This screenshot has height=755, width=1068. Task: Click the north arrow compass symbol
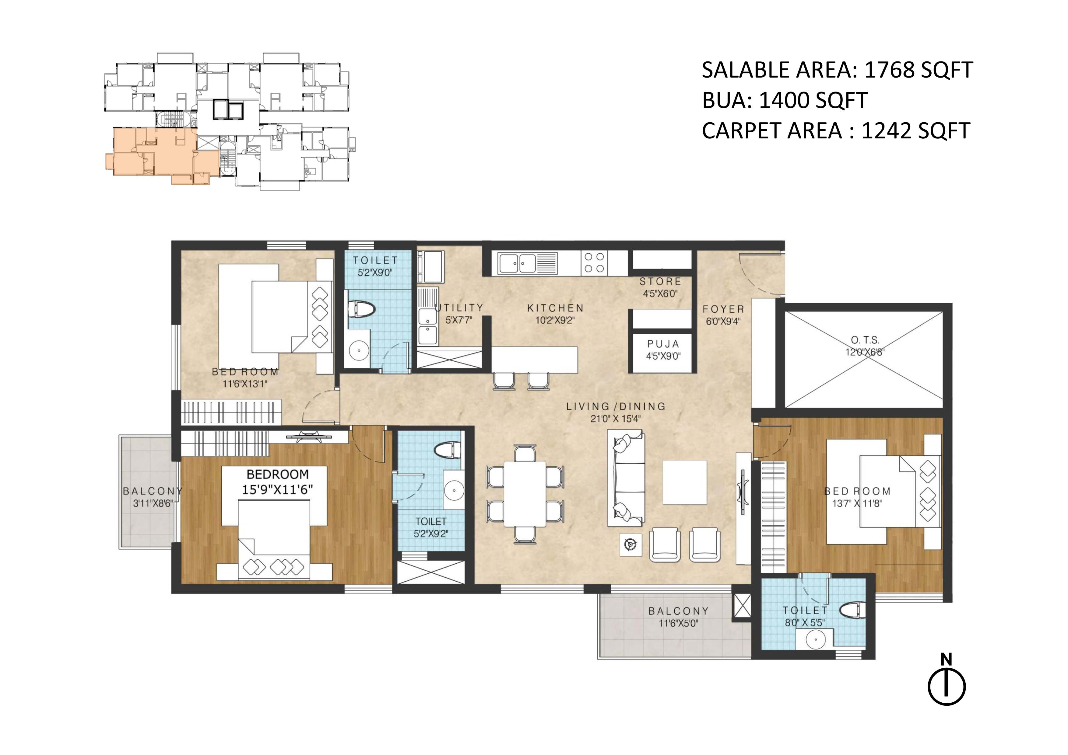point(947,686)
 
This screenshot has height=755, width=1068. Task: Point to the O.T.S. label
point(865,340)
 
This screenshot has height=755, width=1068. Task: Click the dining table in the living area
point(525,494)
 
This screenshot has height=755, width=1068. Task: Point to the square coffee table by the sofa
point(685,482)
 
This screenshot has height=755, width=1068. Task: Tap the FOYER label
point(723,309)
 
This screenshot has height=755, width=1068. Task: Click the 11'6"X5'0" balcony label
point(679,623)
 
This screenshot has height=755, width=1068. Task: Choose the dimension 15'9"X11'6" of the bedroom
point(277,489)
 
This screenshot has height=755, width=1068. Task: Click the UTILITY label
point(459,308)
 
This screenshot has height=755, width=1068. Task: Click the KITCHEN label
point(555,308)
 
